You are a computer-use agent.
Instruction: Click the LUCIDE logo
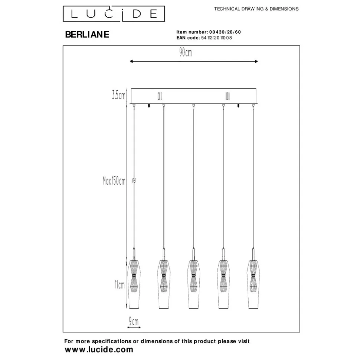tap(114, 14)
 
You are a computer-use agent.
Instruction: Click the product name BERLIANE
tap(87, 34)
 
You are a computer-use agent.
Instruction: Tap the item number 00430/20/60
tap(225, 32)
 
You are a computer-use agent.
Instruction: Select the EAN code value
tap(216, 38)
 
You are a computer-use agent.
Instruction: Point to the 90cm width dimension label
tap(186, 53)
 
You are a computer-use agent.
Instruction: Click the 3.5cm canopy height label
tap(119, 95)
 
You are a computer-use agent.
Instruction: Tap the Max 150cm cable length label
tap(114, 181)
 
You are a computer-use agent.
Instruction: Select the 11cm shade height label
tap(120, 285)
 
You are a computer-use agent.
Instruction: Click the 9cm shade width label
tap(134, 321)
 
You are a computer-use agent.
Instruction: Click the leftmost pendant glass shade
tap(134, 284)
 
